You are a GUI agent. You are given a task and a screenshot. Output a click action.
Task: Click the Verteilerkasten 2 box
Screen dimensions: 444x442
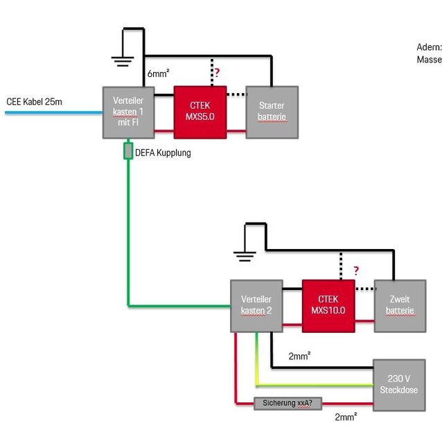coord(256,306)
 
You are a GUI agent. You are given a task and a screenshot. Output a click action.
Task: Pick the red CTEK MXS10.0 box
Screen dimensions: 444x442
coord(328,306)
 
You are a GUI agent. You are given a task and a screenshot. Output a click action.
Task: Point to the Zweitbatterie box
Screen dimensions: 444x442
coord(399,306)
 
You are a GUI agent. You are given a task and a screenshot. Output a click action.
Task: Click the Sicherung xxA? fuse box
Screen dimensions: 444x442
coord(286,402)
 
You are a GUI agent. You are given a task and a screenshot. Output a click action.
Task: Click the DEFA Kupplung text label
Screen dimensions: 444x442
coord(162,153)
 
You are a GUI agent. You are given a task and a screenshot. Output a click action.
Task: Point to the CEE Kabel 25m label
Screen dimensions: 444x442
coord(35,102)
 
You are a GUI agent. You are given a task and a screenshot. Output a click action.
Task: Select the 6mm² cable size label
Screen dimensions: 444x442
coord(158,74)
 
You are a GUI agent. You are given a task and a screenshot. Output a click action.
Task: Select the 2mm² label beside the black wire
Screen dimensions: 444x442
coord(299,357)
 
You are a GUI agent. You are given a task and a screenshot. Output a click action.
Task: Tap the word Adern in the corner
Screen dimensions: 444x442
coord(429,47)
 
